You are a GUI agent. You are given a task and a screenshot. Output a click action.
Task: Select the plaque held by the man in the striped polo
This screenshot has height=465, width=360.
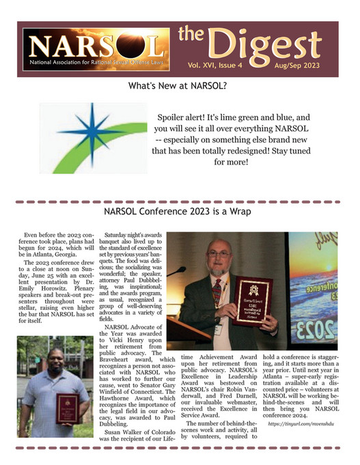click(x=67, y=408)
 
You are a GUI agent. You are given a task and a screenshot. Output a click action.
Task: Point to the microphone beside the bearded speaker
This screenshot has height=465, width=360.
click(x=179, y=271)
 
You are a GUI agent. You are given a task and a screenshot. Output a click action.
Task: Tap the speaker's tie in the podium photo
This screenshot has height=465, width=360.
click(x=217, y=287)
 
